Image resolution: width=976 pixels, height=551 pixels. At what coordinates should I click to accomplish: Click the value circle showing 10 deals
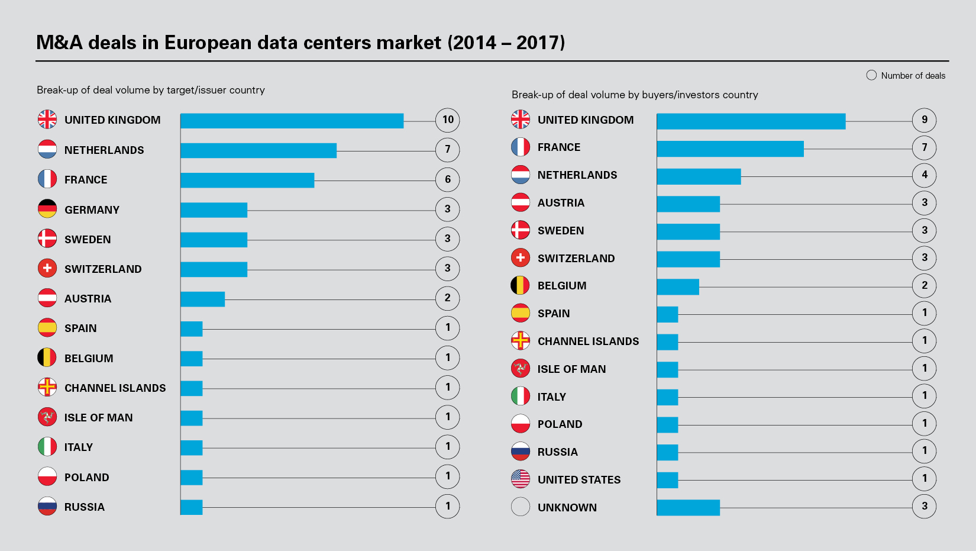(447, 120)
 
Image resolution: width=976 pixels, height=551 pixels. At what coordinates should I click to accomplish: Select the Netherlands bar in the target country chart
(258, 150)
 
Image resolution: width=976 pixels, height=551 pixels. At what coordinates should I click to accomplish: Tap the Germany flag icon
(47, 209)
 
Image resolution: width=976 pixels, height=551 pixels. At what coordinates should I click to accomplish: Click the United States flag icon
(521, 479)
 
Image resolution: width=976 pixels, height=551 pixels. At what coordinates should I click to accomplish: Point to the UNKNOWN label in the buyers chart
(567, 507)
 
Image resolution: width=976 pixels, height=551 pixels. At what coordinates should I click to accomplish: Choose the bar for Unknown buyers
(688, 507)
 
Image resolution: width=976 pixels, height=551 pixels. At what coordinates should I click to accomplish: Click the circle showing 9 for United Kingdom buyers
(924, 120)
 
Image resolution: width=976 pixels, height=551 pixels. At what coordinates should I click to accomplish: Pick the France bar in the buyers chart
(730, 149)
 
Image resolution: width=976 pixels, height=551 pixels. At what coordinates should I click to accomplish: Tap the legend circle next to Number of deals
(871, 75)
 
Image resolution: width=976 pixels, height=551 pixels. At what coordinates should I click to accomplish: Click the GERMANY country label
(92, 210)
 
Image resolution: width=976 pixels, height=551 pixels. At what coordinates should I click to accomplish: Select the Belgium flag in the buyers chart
(521, 285)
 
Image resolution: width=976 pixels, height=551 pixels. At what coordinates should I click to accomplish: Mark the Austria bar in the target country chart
(202, 299)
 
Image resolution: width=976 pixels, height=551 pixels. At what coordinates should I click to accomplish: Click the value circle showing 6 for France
(447, 179)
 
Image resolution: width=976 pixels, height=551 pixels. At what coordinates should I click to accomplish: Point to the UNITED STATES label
(579, 480)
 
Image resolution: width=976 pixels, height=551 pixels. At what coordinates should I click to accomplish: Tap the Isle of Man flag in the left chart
(47, 417)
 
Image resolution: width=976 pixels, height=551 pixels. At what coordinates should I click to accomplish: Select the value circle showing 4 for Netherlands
(924, 175)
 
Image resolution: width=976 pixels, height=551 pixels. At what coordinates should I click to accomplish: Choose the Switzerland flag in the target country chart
(47, 268)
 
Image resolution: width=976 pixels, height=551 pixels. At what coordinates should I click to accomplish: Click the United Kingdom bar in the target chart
(292, 121)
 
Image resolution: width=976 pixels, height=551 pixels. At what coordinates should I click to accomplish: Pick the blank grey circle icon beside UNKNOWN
(521, 507)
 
